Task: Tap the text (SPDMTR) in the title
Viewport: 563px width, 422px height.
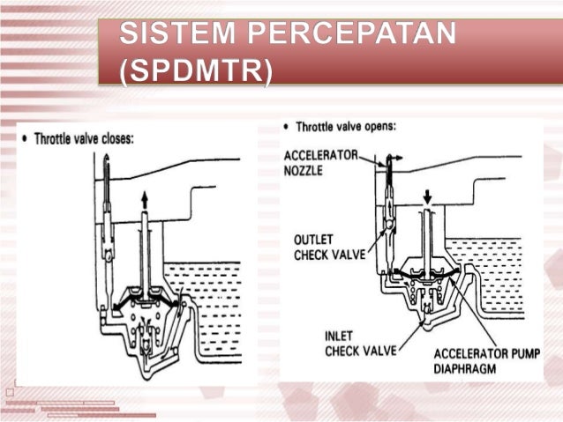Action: tap(193, 69)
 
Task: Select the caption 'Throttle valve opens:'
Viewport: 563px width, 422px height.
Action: tap(344, 126)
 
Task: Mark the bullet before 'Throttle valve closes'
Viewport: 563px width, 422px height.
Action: tap(23, 137)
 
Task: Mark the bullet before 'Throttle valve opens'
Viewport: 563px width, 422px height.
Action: tap(287, 127)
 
